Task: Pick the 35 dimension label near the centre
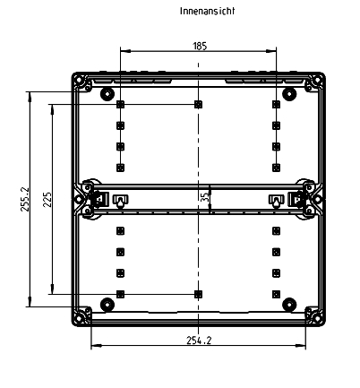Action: tap(204, 195)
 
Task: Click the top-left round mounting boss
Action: tap(107, 93)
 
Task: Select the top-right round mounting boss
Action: tap(289, 93)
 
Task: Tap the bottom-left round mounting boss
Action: tap(107, 303)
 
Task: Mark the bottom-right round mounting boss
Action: tap(289, 303)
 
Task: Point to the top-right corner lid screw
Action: tap(315, 82)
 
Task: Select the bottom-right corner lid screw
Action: tap(315, 315)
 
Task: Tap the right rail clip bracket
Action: tap(276, 199)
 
